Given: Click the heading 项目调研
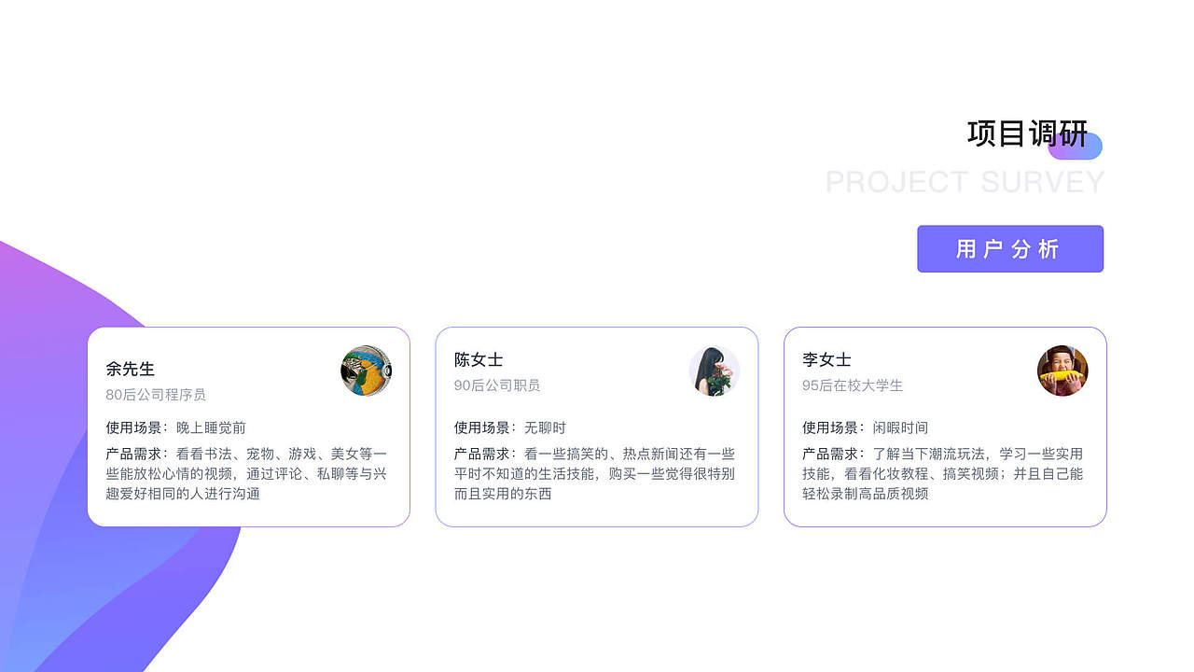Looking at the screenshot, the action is pos(1027,134).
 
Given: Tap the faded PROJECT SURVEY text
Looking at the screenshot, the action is pos(965,182).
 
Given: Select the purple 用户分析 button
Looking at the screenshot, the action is pos(1009,249).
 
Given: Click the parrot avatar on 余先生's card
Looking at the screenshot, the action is pos(366,371).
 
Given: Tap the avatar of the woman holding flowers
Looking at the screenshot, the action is pos(714,371).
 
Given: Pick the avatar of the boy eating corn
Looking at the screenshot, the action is pos(1062,371).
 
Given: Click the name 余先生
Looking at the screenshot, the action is pos(131,369).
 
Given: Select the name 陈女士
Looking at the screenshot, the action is pos(479,359).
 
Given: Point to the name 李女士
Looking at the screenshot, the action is pos(826,359).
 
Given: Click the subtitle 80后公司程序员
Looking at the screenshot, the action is pos(156,395).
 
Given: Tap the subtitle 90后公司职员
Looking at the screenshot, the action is pos(497,385).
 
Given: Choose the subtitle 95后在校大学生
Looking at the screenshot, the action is pos(853,385).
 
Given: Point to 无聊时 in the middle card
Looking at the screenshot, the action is pos(545,427).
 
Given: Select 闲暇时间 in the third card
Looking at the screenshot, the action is pos(900,427).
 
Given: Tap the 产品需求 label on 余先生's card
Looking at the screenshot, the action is pos(134,454).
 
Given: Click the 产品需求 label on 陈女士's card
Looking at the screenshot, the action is pos(482,454).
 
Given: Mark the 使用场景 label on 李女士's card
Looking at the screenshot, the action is pos(830,427).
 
